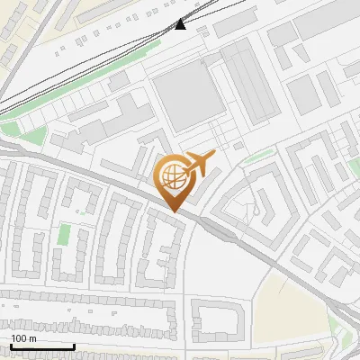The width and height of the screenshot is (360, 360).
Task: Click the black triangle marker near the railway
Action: (181, 24)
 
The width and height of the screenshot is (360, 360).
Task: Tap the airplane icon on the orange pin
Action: (200, 163)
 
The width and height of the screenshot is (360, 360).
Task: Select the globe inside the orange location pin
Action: (171, 175)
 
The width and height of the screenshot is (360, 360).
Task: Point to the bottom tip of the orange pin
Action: (172, 211)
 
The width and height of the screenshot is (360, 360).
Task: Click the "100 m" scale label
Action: (23, 338)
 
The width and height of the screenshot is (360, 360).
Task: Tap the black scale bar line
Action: (42, 346)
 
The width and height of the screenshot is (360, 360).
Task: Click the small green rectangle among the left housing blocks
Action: (64, 235)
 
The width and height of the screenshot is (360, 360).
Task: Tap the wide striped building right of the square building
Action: (247, 85)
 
